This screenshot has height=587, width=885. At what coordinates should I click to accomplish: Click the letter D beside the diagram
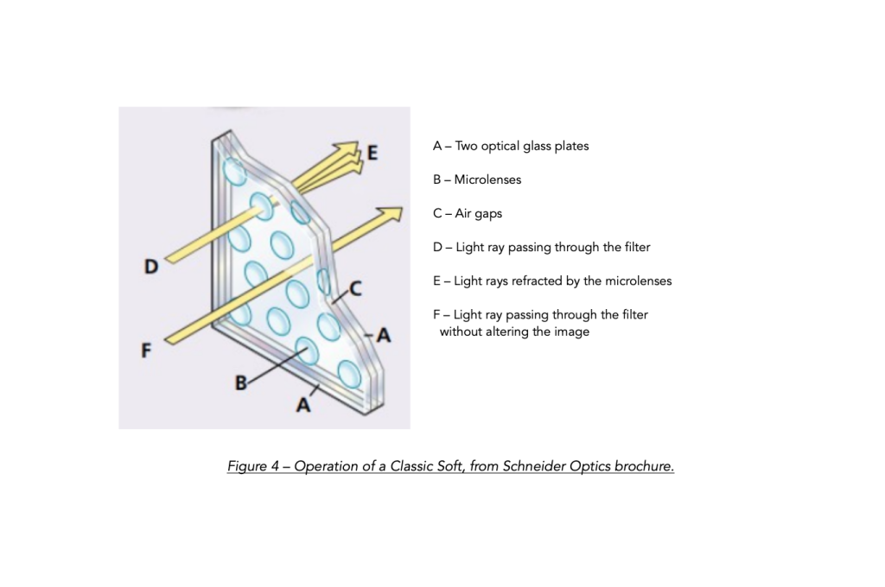click(x=151, y=267)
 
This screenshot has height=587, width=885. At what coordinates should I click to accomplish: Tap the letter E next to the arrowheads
click(x=372, y=153)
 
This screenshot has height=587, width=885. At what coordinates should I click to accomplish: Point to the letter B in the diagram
click(x=241, y=383)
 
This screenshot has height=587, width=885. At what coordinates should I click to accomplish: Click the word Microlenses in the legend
click(x=487, y=180)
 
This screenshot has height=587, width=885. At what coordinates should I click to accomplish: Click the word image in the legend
click(x=572, y=331)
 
